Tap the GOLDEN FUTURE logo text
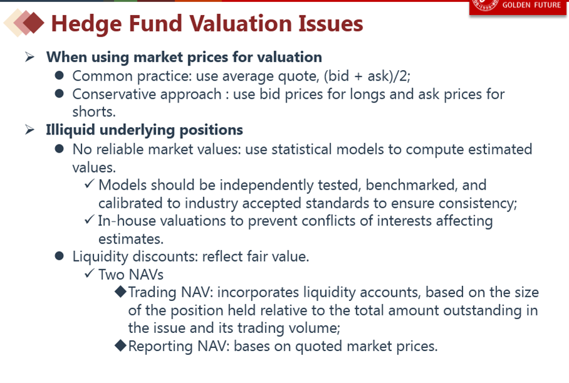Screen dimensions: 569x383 click(x=531, y=5)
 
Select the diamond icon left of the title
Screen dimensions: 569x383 click(x=24, y=23)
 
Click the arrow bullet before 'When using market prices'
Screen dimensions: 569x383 click(x=30, y=57)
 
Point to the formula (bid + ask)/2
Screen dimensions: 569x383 click(x=367, y=76)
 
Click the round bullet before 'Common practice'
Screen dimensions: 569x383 click(x=59, y=76)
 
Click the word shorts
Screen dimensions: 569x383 click(x=94, y=111)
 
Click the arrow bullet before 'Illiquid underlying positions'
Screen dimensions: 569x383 click(x=30, y=130)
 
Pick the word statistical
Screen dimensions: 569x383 click(x=302, y=149)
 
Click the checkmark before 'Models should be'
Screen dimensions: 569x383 click(x=90, y=183)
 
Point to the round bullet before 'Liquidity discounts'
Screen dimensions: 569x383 click(x=59, y=256)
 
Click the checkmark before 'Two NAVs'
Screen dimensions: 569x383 click(x=90, y=273)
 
